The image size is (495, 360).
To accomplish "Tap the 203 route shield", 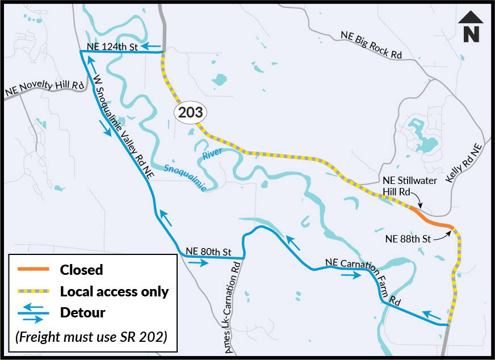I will [190, 112].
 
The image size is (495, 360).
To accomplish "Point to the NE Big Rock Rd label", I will [371, 45].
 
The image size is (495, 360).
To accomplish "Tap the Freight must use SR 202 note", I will [91, 336].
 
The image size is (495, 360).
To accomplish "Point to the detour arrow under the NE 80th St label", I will [198, 263].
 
